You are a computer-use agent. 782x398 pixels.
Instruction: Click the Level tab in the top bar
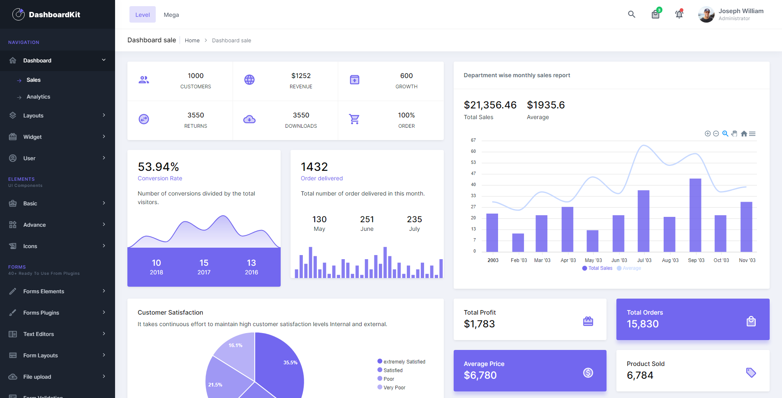click(142, 15)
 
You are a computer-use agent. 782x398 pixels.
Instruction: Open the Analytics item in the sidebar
click(38, 97)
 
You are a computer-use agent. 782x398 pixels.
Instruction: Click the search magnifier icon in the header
click(632, 14)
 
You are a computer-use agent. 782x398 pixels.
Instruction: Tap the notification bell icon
click(679, 14)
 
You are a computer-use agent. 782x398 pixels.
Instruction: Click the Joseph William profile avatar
click(706, 15)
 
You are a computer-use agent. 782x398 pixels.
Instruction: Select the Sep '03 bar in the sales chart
click(695, 215)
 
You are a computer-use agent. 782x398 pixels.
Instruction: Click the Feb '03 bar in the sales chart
click(518, 242)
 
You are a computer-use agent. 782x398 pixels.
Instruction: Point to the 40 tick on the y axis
click(473, 184)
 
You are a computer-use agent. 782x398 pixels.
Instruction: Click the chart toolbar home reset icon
click(744, 133)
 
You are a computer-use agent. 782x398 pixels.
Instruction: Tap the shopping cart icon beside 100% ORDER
click(354, 119)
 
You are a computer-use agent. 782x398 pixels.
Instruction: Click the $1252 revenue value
click(301, 76)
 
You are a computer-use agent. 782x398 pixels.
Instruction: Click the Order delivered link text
click(321, 178)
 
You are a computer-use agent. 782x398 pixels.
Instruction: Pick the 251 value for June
click(367, 219)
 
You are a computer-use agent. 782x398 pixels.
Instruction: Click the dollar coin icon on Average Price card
click(588, 373)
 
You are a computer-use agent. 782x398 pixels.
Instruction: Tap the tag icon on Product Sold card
click(751, 373)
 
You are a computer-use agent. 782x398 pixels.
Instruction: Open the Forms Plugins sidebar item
click(41, 313)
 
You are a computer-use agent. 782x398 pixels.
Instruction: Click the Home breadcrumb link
click(192, 40)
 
